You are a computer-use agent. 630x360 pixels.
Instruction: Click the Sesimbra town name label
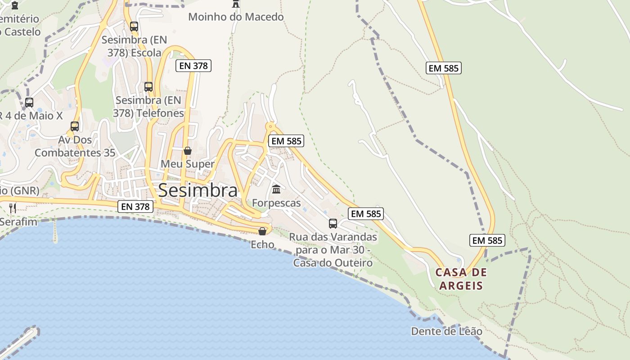pos(198,190)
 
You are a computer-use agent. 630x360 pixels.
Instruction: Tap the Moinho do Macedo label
pos(236,17)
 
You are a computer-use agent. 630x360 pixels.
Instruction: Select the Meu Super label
pos(188,164)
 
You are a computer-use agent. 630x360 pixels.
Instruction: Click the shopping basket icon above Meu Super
pos(188,150)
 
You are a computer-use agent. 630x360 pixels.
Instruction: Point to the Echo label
pos(262,244)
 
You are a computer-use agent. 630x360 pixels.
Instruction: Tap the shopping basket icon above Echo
pos(262,231)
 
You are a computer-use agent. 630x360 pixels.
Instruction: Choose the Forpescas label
pos(276,203)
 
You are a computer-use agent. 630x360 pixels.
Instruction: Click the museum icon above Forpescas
pos(276,189)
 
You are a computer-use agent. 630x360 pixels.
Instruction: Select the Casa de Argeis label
pos(461,279)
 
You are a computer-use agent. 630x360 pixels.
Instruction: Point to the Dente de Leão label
pos(446,332)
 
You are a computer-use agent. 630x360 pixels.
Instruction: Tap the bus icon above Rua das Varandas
pos(333,223)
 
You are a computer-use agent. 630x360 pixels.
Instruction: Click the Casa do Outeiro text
pos(333,263)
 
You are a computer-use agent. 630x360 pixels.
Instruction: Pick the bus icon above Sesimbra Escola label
pos(134,26)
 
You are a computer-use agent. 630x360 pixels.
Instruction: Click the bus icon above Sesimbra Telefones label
pos(148,86)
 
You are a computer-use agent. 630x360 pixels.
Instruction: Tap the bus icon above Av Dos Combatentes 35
pos(75,126)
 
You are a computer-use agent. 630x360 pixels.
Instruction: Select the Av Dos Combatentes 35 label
pos(75,146)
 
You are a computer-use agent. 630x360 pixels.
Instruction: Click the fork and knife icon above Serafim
pos(13,208)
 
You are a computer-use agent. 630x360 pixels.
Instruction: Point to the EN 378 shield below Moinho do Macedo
pos(193,66)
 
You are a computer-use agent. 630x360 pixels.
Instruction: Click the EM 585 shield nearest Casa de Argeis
pos(487,240)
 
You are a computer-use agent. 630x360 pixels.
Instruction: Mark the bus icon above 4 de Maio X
pos(29,103)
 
